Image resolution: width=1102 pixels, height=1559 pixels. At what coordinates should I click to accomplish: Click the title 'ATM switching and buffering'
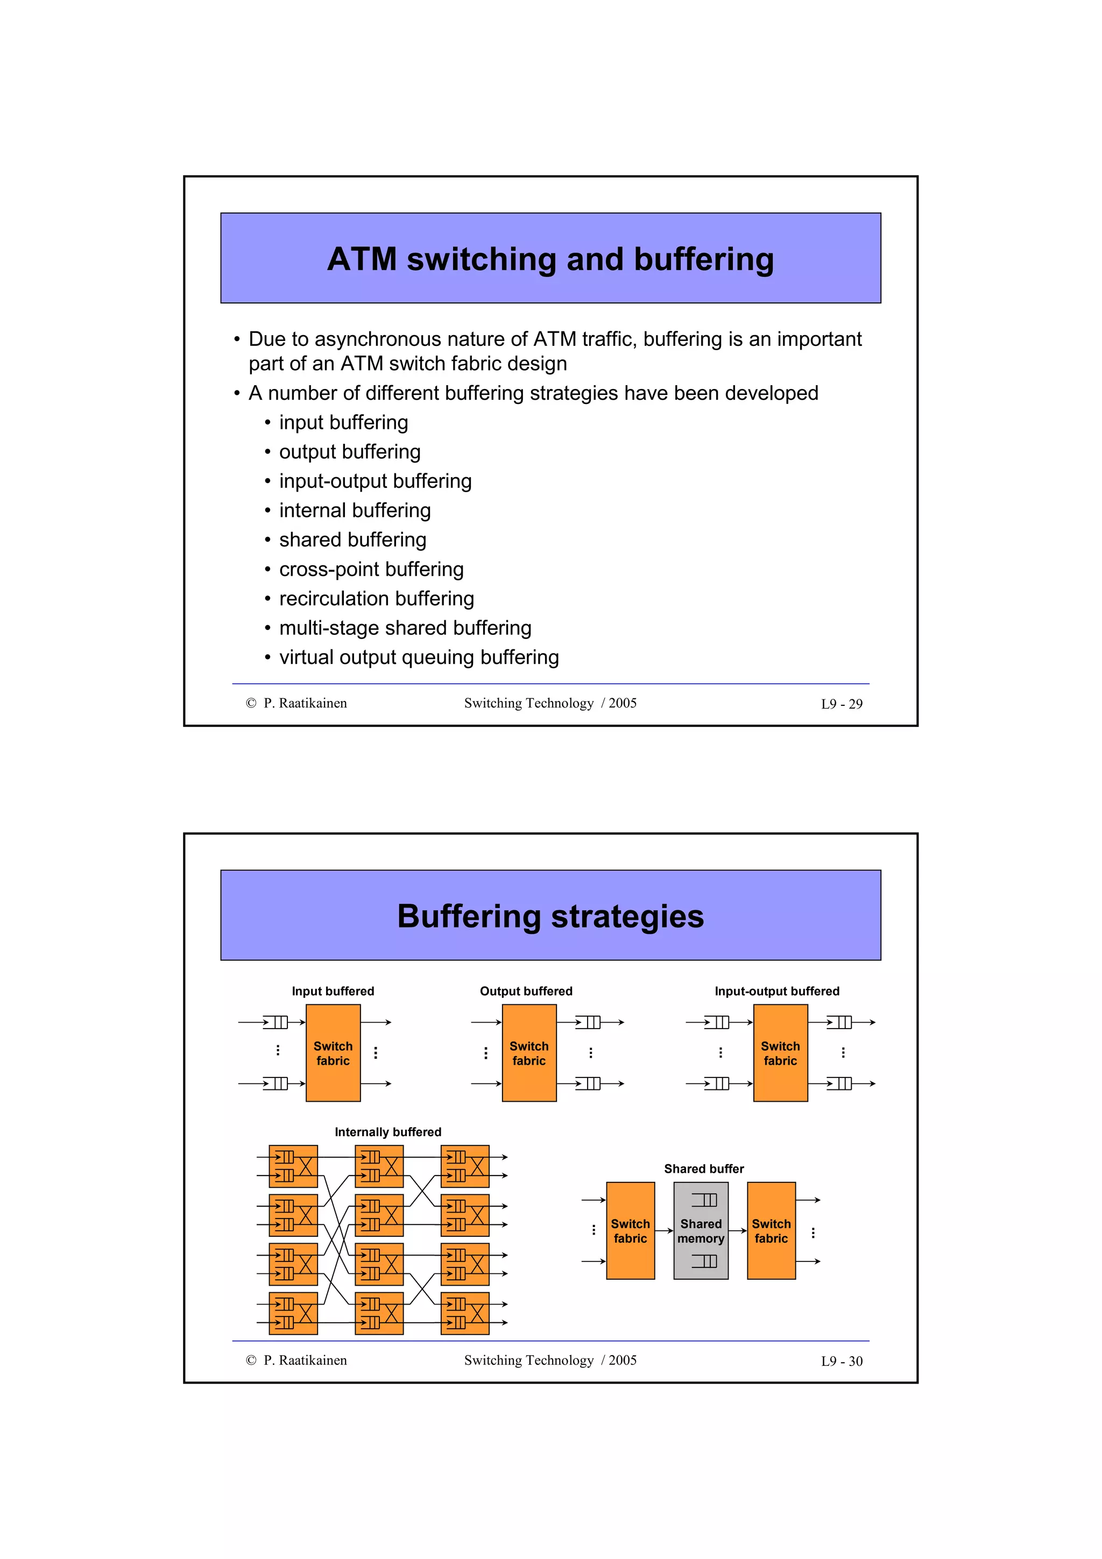coord(550,259)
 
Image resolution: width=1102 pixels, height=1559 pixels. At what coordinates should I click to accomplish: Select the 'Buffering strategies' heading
coord(550,916)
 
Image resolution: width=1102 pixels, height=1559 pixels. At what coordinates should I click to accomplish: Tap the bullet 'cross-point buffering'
coord(371,569)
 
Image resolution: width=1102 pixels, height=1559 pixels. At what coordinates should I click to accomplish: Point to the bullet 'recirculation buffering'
coord(376,598)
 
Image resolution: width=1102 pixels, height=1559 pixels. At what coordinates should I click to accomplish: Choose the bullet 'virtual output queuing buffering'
coord(419,657)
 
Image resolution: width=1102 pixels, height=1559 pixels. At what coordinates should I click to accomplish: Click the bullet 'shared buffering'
coord(352,540)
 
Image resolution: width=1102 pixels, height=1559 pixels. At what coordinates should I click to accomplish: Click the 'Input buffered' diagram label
coord(333,991)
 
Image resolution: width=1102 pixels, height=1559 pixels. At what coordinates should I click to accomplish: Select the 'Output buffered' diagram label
coord(526,991)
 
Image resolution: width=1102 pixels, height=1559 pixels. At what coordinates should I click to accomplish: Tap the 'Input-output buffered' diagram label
coord(777,991)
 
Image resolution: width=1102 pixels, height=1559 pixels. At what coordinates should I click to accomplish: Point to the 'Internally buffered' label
coord(388,1132)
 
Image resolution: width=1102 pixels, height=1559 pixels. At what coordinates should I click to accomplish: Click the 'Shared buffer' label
coord(703,1168)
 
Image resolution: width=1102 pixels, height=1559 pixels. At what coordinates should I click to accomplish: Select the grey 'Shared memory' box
coord(701,1230)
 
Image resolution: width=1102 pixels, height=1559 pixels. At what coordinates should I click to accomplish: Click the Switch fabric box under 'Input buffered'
coord(333,1053)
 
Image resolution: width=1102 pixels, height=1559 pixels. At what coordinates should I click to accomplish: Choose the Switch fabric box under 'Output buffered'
coord(529,1053)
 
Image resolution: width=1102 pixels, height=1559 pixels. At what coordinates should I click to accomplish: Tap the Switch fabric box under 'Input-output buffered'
coord(780,1053)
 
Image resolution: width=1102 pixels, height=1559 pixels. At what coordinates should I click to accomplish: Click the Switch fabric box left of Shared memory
coord(630,1230)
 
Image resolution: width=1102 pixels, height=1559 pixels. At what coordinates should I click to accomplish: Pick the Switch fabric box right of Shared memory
coord(771,1230)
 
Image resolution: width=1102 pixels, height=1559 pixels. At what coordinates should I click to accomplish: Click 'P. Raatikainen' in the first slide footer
coord(305,704)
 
